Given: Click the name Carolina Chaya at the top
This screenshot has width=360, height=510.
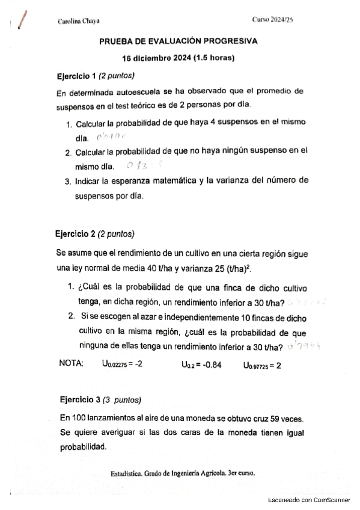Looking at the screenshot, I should (x=78, y=20).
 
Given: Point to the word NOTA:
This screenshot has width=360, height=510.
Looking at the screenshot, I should (x=72, y=363).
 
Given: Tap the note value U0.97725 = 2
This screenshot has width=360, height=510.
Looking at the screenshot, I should (x=262, y=364).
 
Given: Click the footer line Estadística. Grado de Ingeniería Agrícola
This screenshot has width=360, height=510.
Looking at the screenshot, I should (x=183, y=473).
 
